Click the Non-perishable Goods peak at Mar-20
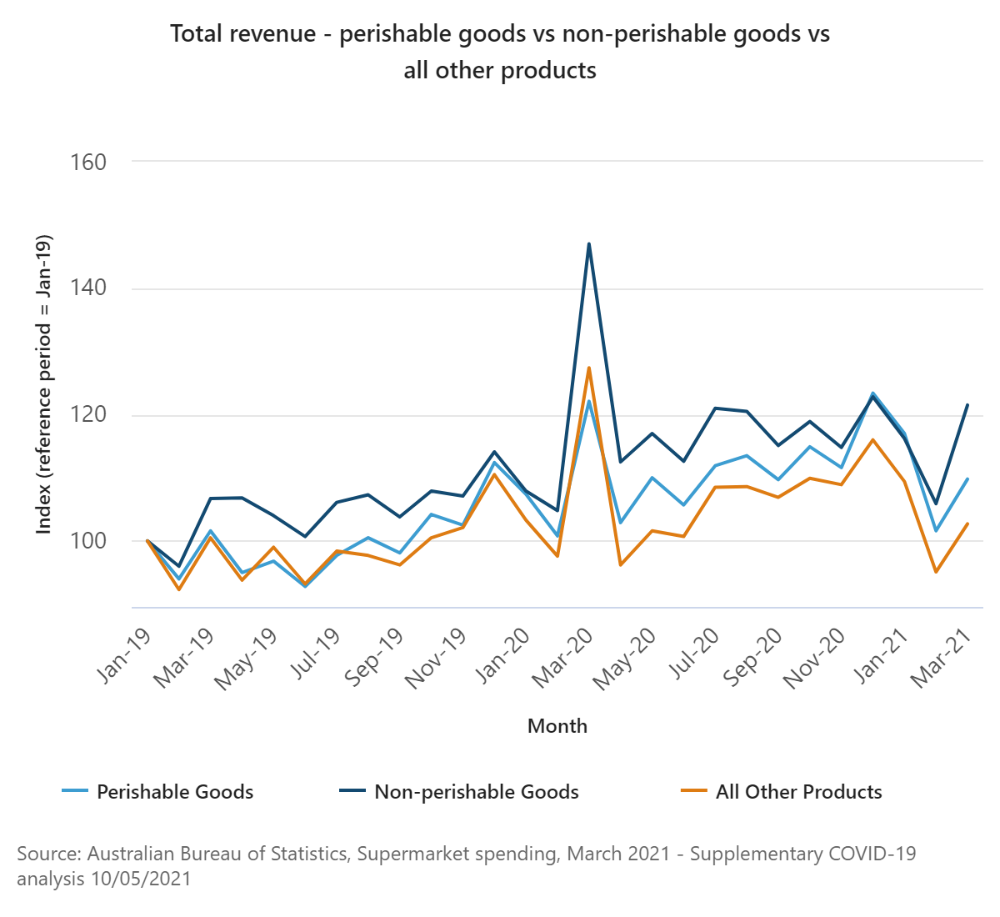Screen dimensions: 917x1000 (589, 244)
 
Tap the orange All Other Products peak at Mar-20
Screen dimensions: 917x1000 (589, 368)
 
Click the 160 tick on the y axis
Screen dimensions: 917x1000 (89, 162)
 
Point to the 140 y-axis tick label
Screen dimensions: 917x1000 (89, 288)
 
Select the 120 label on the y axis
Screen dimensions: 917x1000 (89, 414)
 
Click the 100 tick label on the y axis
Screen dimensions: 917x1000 (89, 541)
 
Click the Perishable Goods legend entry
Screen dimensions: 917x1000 (175, 792)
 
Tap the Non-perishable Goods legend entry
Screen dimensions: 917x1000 (476, 792)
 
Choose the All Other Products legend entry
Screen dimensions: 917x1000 (798, 792)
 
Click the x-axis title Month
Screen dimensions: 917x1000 (557, 726)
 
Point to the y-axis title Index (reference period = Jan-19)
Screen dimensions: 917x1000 (44, 384)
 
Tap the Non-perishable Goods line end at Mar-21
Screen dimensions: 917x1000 (967, 405)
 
